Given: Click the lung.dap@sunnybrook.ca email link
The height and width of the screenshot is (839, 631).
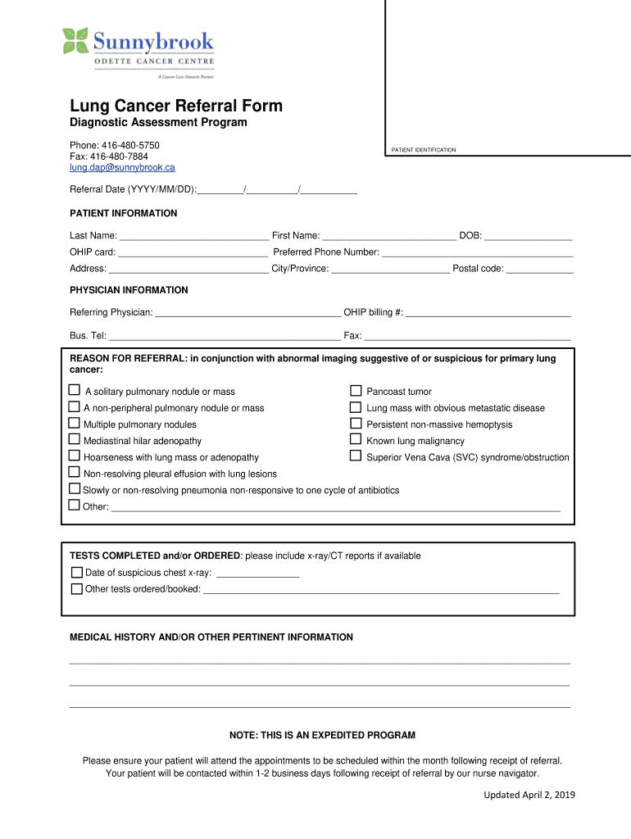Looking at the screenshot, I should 122,167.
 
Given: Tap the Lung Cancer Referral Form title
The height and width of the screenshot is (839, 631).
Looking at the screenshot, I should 176,106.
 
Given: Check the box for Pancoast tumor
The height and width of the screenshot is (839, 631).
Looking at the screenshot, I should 356,391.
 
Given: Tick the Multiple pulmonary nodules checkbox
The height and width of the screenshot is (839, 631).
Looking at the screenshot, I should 75,424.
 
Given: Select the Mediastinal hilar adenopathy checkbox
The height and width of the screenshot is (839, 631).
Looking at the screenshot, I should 75,440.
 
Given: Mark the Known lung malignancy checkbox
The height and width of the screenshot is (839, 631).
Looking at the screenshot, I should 356,440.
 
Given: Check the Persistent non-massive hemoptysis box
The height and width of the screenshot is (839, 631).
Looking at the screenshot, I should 356,424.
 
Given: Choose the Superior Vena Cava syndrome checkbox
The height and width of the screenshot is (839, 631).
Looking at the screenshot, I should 356,456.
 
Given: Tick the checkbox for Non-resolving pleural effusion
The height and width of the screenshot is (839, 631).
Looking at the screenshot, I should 75,473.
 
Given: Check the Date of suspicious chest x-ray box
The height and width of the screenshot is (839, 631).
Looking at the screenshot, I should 77,572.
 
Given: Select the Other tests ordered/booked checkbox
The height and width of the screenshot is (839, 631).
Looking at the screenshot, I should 77,588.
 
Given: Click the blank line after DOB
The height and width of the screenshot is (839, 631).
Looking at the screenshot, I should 529,237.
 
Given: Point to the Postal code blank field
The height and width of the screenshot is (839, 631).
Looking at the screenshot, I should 539,270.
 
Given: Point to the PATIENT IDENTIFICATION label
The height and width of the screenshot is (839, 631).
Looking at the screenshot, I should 424,150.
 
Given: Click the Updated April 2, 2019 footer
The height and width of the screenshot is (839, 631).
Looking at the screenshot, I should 529,795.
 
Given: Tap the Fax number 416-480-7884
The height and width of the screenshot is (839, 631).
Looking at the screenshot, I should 109,156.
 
